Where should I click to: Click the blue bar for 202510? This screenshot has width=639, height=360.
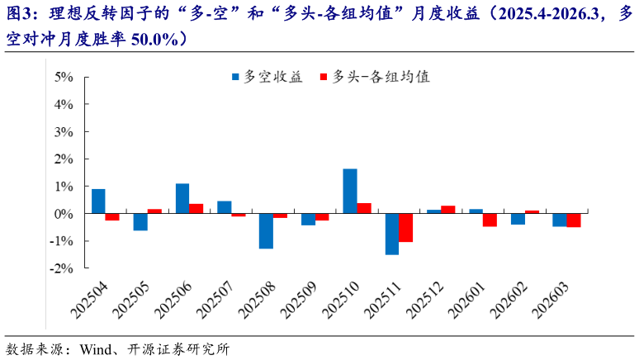tap(350, 191)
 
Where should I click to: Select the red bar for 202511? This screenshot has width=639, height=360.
tap(405, 227)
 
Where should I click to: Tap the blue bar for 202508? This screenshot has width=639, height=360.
tap(266, 230)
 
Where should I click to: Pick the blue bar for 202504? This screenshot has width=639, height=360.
tap(98, 201)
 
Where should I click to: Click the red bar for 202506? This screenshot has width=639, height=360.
tap(196, 208)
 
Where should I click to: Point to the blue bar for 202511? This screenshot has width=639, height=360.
tap(392, 234)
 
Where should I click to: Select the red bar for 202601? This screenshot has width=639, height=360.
tap(490, 220)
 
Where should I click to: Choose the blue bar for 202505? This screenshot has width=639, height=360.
tap(140, 221)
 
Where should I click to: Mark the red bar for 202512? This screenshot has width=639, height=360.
tap(447, 209)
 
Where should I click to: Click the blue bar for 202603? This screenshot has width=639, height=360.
tap(560, 220)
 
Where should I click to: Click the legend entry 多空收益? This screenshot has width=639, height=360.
tap(267, 77)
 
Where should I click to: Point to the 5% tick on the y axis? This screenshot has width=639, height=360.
tap(64, 77)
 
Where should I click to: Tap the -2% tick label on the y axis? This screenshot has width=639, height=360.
tap(61, 268)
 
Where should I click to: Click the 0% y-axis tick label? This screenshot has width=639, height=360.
tap(64, 214)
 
